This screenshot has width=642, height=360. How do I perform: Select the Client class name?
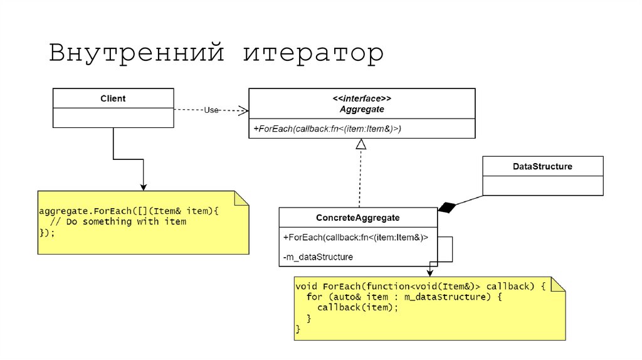coord(113,98)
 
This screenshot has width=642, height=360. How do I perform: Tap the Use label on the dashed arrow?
coord(211,110)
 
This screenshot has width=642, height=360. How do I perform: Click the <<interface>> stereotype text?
coord(362,99)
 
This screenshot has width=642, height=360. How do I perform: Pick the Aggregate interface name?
coord(362,109)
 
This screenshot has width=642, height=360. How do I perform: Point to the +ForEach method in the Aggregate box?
coord(327,129)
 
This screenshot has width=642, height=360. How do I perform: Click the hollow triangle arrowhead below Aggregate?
coord(360,144)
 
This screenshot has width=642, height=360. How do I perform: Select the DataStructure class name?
coord(542,166)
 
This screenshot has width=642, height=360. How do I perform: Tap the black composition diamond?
coord(446,208)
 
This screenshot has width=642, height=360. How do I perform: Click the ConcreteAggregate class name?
coord(358,218)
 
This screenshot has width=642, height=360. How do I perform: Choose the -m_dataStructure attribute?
coord(318,257)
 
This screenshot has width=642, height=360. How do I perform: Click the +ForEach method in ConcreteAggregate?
coord(355,237)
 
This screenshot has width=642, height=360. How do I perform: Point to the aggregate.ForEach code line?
coord(129,211)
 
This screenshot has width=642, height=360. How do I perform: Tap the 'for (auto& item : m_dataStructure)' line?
coord(404,297)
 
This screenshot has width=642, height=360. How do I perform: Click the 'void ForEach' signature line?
coord(421,286)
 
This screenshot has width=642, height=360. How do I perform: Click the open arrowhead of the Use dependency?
coord(243,110)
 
